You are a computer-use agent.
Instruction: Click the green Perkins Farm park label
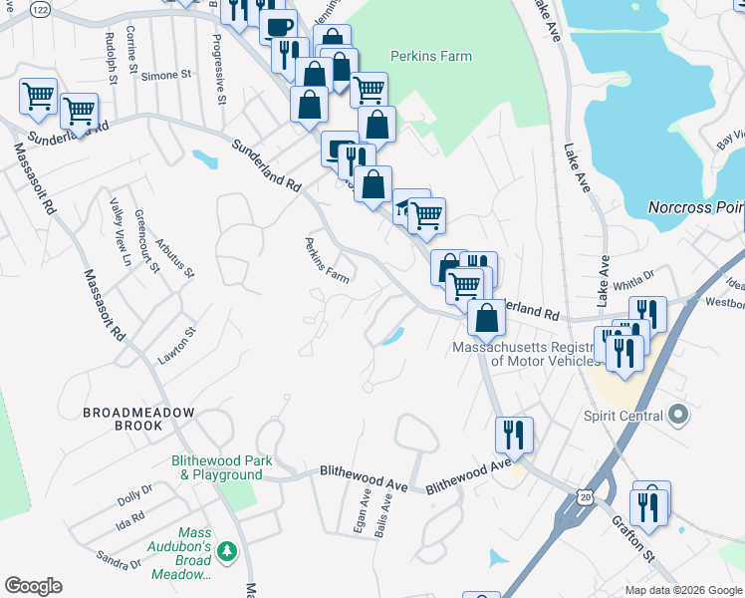pos(430,57)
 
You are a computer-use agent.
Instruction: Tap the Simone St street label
pos(165,76)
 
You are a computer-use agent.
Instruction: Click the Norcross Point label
pos(695,208)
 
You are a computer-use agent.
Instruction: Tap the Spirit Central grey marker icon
pos(679,413)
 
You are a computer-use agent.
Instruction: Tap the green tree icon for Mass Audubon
pos(228,551)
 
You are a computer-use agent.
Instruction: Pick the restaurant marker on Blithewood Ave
pos(514,434)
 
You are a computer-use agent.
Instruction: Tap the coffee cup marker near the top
pos(278,25)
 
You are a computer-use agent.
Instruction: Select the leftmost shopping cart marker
pos(38,97)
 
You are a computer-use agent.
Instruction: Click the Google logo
pos(33,586)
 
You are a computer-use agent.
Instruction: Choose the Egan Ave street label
pos(364,512)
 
